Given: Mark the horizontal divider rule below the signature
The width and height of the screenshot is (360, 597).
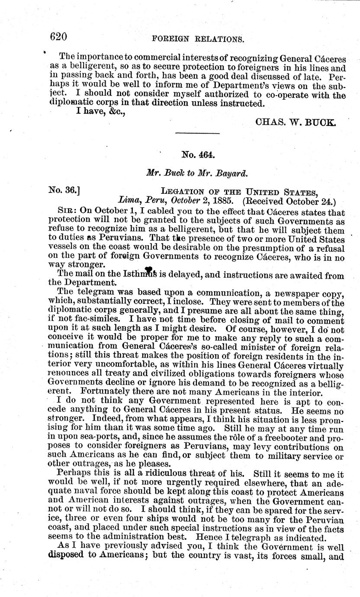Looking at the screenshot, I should coord(198,133).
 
